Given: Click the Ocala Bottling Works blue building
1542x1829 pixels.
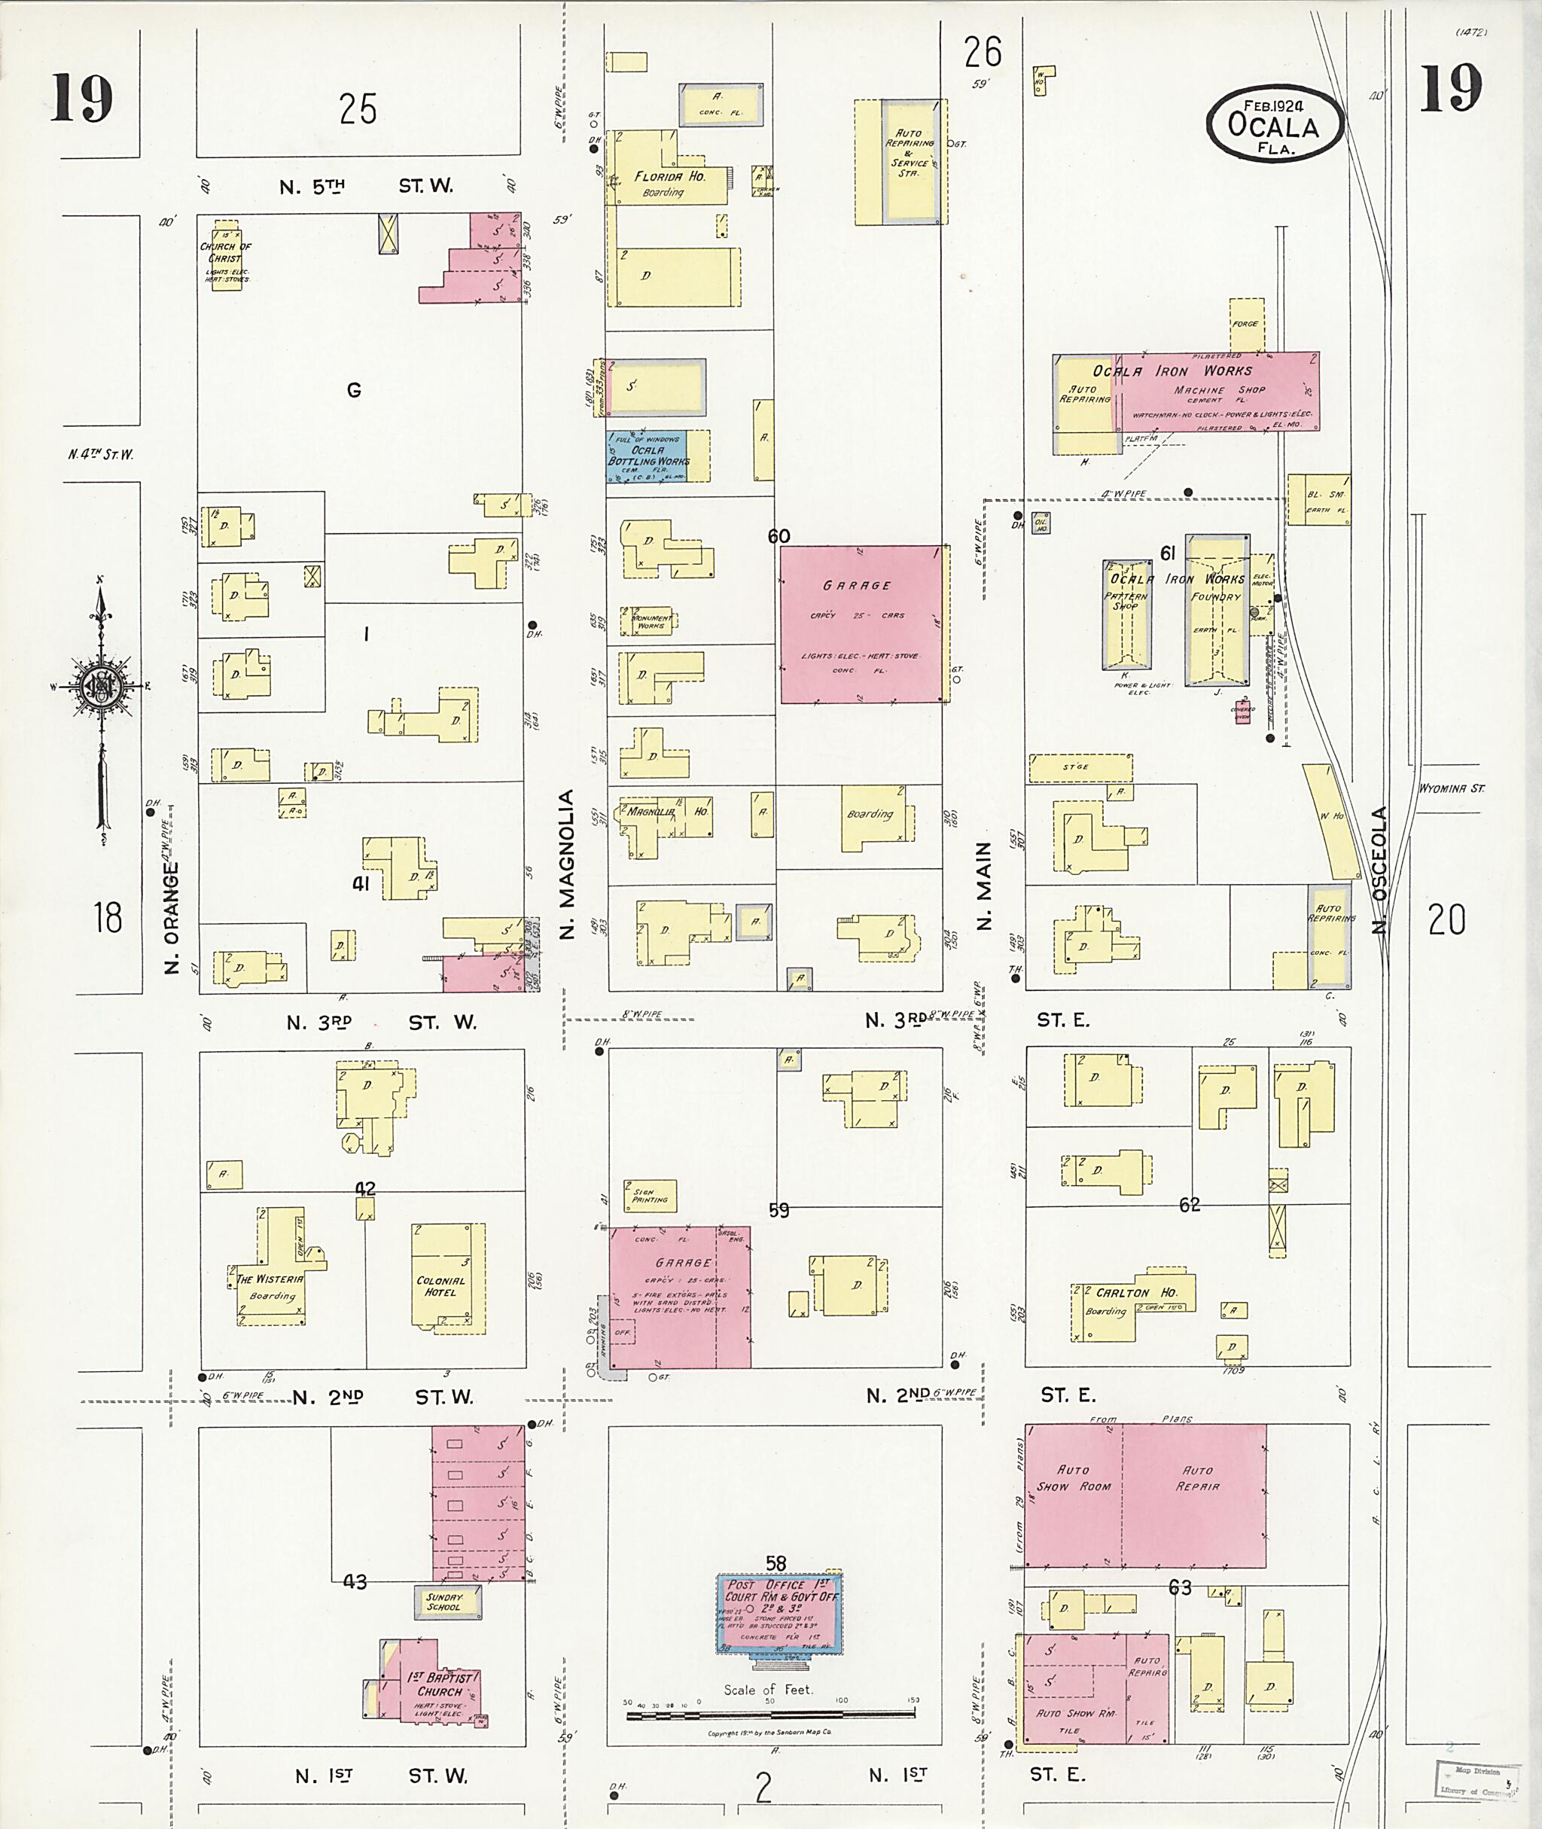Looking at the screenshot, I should pos(648,456).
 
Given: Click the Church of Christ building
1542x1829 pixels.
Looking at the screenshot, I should pos(226,255).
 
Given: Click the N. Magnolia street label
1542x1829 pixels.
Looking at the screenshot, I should pos(566,864).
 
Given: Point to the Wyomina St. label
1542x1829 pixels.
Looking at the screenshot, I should pos(1450,788).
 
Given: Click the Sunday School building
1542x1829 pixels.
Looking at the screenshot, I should pos(446,1600).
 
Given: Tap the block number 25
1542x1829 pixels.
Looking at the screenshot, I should pos(358,110).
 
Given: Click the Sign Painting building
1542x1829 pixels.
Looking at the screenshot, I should pos(650,1196).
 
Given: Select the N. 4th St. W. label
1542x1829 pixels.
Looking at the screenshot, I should pos(101,455).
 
